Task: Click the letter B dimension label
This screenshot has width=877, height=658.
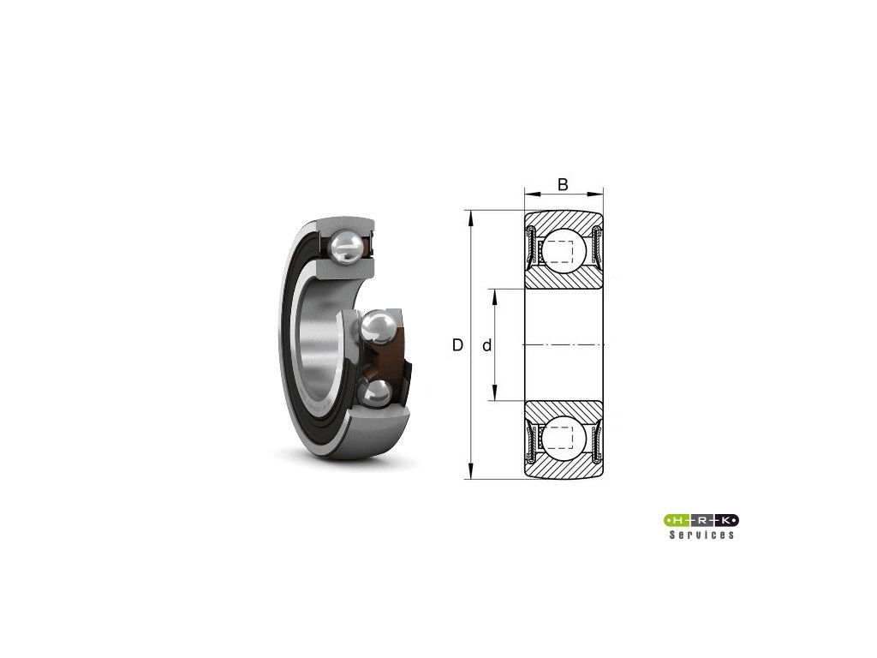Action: pos(564,184)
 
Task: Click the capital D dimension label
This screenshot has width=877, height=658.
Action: pos(457,345)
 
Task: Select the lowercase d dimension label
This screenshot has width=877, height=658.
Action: pos(486,346)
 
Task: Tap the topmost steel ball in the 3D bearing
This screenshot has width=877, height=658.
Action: pos(346,248)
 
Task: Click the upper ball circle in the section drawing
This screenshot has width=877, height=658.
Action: pos(564,250)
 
